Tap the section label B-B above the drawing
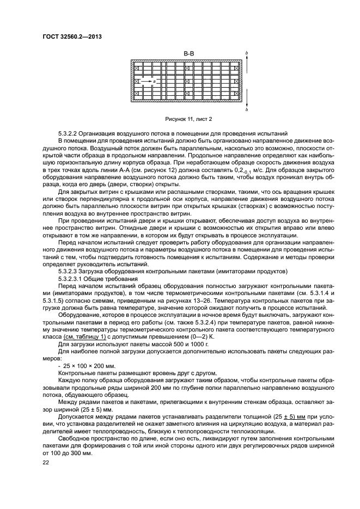pyautogui.click(x=188, y=53)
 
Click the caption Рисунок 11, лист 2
pyautogui.click(x=188, y=119)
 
